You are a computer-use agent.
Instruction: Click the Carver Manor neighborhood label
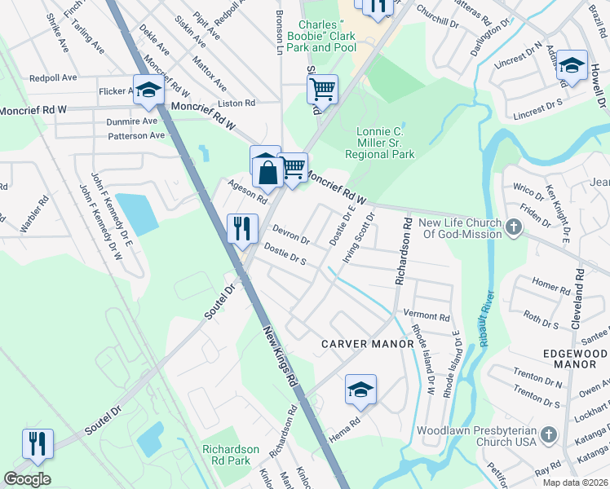click(x=367, y=344)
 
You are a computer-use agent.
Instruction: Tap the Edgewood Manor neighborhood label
click(x=575, y=358)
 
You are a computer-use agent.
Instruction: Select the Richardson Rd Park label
click(x=231, y=455)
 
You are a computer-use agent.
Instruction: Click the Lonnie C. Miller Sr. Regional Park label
click(x=380, y=143)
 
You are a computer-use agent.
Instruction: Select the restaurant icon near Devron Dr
click(x=242, y=229)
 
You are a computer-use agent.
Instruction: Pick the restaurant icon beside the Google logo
click(x=38, y=444)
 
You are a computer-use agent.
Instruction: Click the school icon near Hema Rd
click(x=360, y=390)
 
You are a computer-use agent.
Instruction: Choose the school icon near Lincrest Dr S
click(x=572, y=65)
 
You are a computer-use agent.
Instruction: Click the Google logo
click(x=27, y=479)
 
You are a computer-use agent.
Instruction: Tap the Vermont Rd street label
click(x=427, y=316)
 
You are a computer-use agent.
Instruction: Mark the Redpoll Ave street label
click(x=53, y=77)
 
